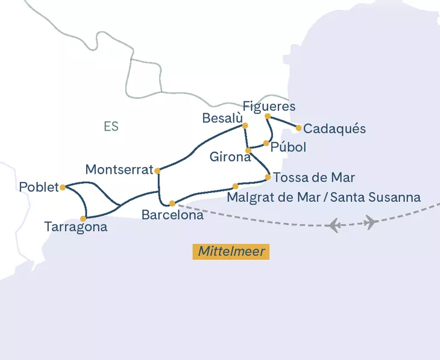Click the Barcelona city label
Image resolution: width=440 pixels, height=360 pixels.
[x=172, y=215]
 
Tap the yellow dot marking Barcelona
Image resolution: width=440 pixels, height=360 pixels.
[x=172, y=203]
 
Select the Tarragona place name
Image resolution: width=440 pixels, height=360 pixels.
[x=76, y=227]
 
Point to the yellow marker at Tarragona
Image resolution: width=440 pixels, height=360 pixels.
[x=84, y=218]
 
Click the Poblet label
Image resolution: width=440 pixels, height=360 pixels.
[x=39, y=187]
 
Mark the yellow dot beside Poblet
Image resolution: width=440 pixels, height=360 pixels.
[x=63, y=187]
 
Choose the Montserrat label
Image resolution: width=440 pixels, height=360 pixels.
[x=119, y=170]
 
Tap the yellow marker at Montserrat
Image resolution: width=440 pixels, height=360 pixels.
[x=157, y=171]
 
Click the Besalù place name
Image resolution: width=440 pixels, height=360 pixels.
[x=222, y=118]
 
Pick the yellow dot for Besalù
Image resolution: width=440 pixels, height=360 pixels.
[x=245, y=125]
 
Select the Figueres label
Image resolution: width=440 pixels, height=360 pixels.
[x=269, y=106]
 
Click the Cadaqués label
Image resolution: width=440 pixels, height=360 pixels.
[x=335, y=129]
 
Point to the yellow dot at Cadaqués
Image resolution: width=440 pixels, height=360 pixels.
[x=298, y=127]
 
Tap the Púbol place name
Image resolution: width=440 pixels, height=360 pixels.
[x=289, y=147]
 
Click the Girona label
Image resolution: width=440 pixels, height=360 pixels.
[x=230, y=157]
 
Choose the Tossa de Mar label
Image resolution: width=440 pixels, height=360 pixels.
[x=314, y=178]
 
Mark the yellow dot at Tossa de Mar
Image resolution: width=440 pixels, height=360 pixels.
[x=268, y=177]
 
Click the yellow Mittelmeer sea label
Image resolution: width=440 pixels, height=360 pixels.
[x=231, y=251]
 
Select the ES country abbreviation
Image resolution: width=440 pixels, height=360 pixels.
[x=111, y=127]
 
